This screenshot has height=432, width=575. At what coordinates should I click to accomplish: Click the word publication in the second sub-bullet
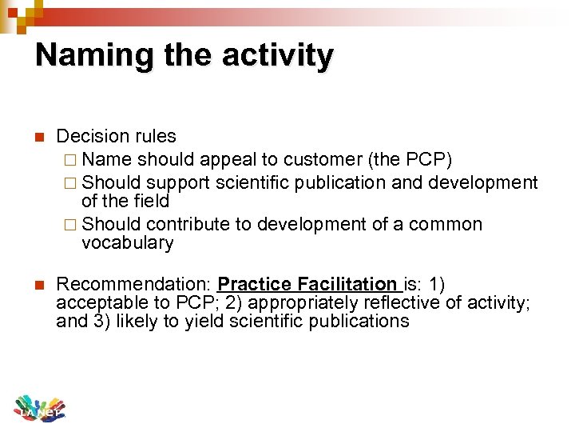pyautogui.click(x=339, y=182)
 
